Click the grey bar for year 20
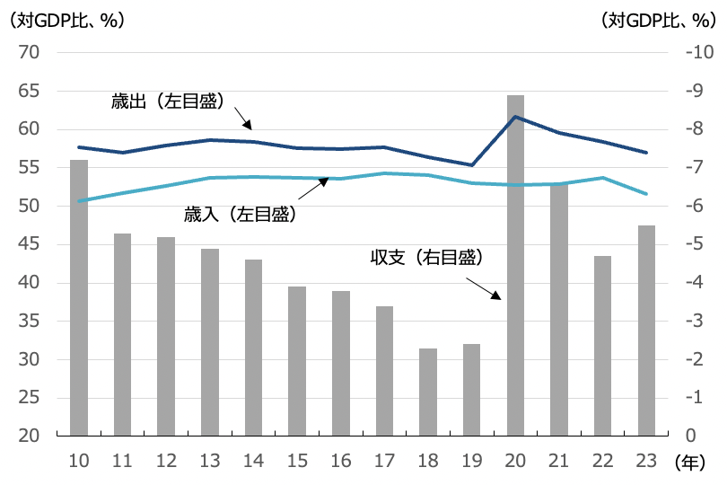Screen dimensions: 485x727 click(515, 265)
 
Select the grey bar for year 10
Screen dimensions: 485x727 click(79, 297)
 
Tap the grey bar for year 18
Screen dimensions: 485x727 click(428, 392)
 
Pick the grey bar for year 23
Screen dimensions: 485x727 click(646, 331)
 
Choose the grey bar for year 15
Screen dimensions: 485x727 click(297, 361)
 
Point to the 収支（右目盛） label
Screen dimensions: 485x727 click(427, 258)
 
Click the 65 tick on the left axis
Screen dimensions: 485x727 click(29, 91)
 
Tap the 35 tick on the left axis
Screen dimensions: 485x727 click(29, 322)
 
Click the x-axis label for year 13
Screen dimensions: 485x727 click(210, 460)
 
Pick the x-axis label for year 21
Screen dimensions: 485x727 click(559, 460)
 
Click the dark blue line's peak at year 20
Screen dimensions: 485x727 click(515, 117)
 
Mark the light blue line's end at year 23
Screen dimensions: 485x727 click(646, 193)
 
